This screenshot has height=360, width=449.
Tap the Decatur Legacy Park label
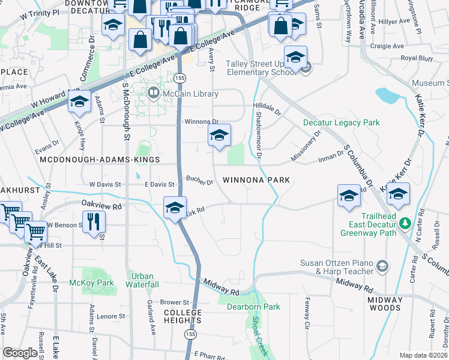(341, 122)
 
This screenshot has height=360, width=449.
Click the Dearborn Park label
(253, 307)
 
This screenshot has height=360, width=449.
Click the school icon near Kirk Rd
(175, 208)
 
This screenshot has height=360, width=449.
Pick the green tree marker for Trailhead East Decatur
(406, 223)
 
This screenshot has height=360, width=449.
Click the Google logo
(20, 353)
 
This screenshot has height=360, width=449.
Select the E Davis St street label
(159, 184)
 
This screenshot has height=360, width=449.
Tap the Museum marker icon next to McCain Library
(153, 94)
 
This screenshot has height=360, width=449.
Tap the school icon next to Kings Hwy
(79, 101)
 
